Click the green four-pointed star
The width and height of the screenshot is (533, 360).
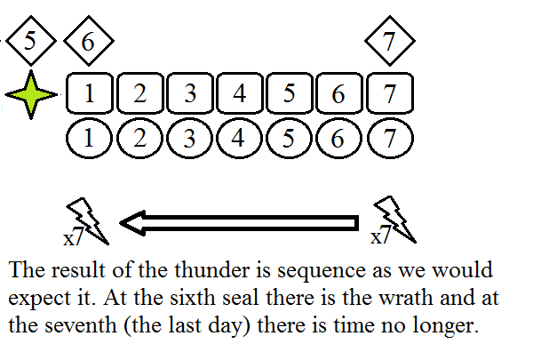point(31,94)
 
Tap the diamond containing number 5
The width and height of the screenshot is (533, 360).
point(31,41)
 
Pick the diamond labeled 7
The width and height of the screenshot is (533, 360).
point(388,41)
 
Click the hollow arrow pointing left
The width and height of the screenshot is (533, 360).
point(240,221)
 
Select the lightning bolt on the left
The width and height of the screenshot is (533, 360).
point(89,220)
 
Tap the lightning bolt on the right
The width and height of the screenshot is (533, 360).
point(391,220)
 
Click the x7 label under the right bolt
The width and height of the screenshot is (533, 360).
point(379,238)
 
